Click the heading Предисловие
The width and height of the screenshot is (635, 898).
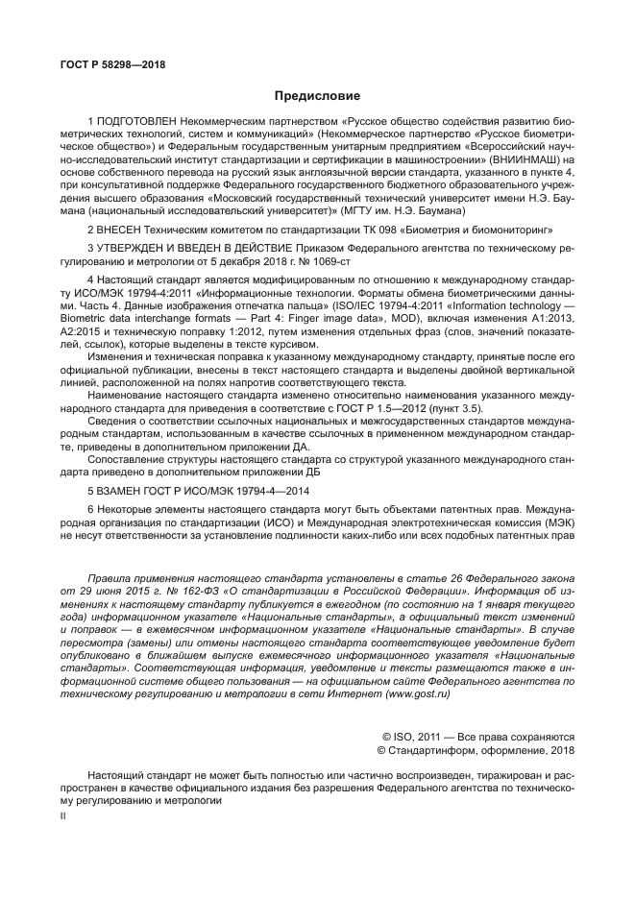(x=317, y=96)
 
